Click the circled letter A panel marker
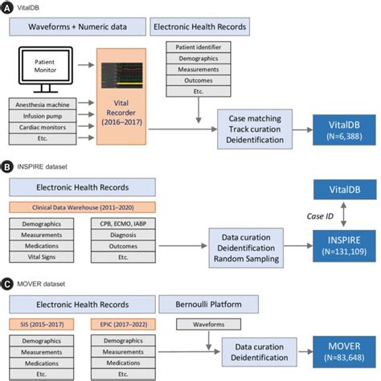click(6, 7)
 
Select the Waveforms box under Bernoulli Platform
click(196, 326)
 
